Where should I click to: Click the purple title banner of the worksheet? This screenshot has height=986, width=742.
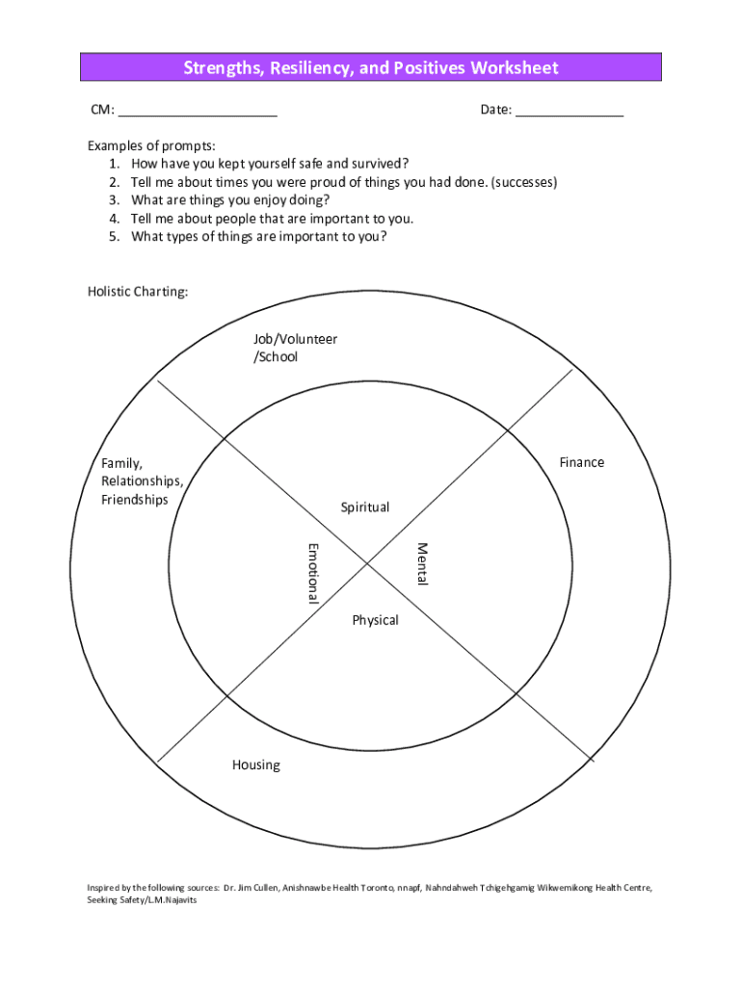click(371, 67)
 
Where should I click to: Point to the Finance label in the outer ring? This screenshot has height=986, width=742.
click(582, 462)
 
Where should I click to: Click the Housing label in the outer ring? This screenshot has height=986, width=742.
click(256, 765)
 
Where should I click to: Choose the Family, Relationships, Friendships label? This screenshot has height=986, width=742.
click(142, 480)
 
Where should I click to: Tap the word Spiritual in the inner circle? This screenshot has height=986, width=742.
click(365, 506)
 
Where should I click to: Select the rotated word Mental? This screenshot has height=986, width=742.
click(421, 562)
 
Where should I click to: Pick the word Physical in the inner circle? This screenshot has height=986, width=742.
click(375, 619)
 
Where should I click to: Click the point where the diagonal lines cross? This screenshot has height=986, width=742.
click(367, 565)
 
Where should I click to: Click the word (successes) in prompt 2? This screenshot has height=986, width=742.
click(524, 181)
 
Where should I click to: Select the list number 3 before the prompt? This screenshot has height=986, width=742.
click(114, 199)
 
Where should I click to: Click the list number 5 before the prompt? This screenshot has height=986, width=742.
click(114, 236)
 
